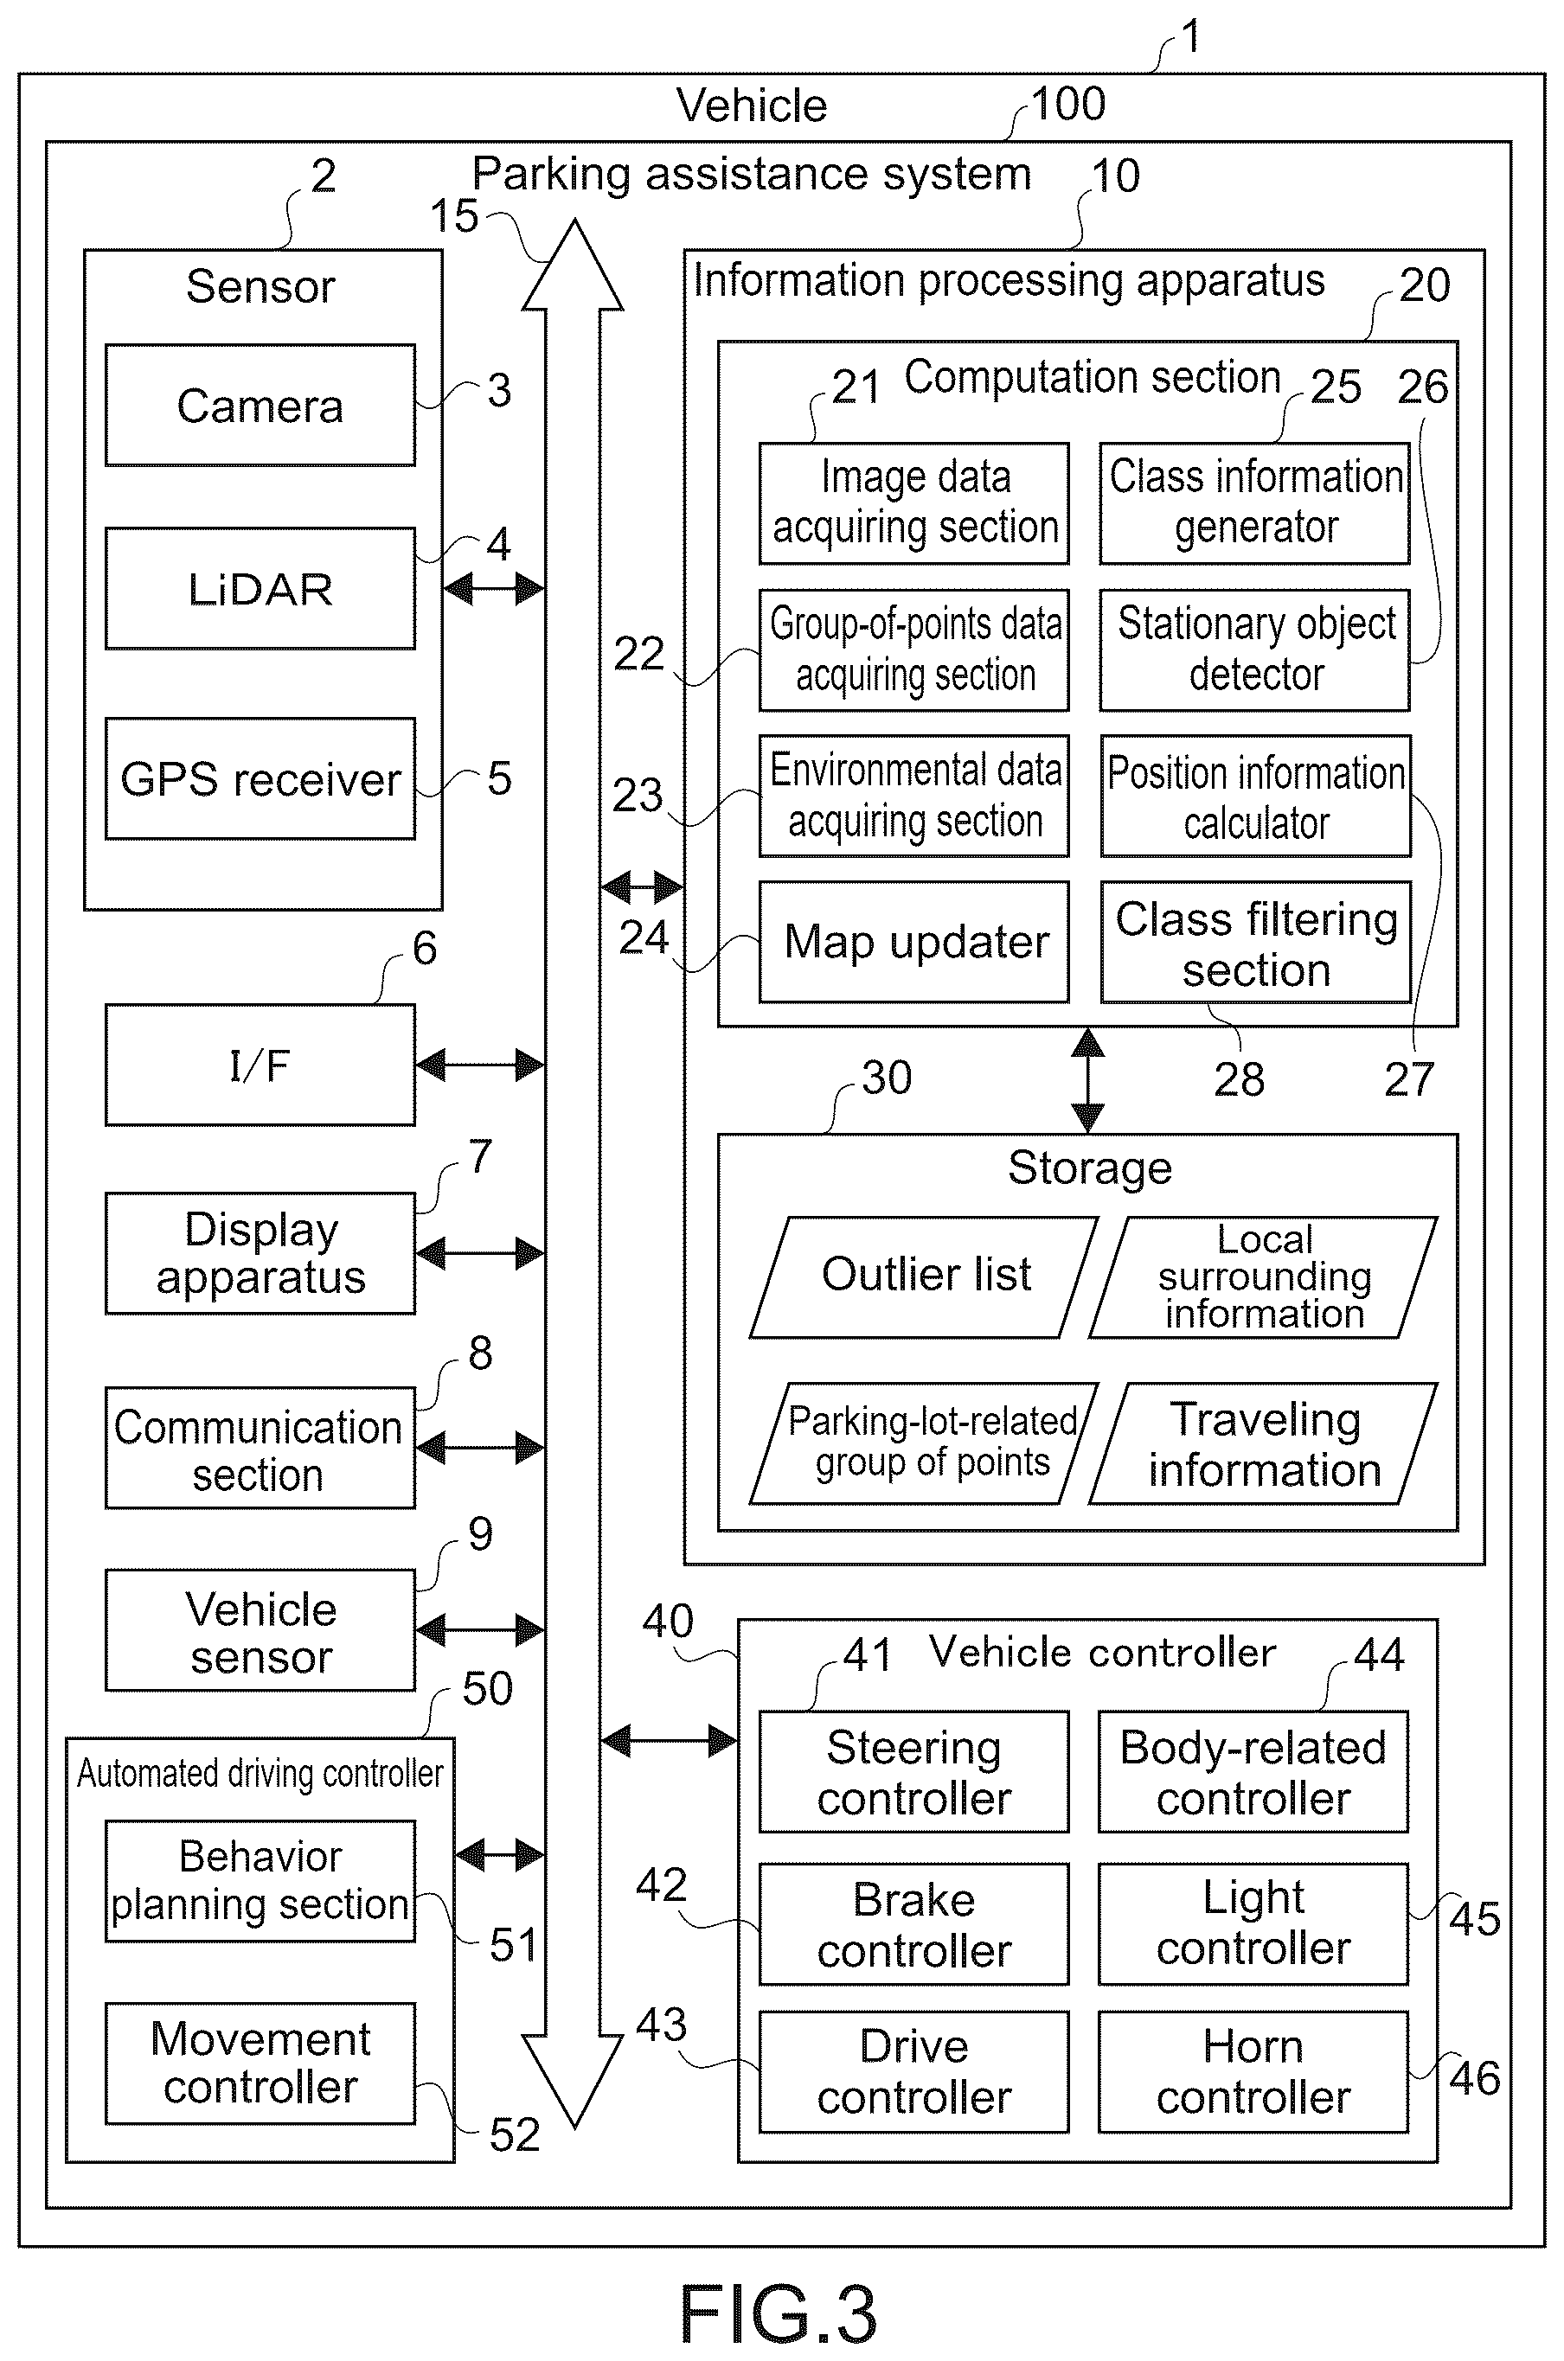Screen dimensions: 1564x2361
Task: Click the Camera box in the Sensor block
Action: click(260, 405)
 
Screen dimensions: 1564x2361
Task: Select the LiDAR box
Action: click(260, 588)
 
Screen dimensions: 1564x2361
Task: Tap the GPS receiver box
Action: click(260, 777)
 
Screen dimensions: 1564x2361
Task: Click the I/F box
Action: click(260, 1065)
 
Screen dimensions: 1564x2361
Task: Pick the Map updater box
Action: click(913, 941)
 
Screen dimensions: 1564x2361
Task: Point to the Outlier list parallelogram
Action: click(924, 1276)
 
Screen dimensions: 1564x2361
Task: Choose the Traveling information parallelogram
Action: click(1263, 1443)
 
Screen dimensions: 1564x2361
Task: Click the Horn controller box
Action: click(1253, 2072)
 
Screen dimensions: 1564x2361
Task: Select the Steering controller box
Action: click(913, 1772)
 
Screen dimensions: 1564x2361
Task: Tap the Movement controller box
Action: click(260, 2063)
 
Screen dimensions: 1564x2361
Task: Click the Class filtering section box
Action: click(1256, 941)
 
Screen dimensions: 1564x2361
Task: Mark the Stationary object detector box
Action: click(1255, 649)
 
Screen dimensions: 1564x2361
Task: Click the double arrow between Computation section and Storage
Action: click(1087, 1080)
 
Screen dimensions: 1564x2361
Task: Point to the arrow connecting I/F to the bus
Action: click(480, 1065)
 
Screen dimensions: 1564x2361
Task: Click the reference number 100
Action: click(1068, 104)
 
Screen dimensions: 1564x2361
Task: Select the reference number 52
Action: click(515, 2134)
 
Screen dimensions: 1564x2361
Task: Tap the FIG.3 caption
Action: click(778, 2314)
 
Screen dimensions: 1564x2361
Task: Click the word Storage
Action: click(1089, 1168)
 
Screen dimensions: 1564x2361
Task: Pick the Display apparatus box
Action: click(260, 1253)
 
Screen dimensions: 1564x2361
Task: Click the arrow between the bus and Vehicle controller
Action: click(670, 1741)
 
